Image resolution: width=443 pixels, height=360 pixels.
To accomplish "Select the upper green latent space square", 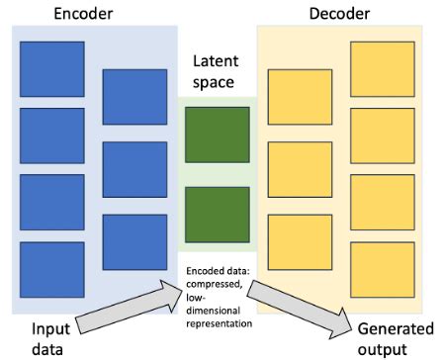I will tap(210, 135).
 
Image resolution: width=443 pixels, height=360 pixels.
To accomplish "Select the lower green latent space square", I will tap(210, 207).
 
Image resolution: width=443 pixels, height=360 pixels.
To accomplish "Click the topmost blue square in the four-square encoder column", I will tap(52, 68).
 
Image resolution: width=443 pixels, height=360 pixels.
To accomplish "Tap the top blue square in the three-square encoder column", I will tap(134, 97).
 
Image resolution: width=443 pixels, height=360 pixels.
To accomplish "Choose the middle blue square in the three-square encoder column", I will tap(134, 169).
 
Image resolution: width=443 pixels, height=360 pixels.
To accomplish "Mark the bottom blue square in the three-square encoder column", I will tap(134, 240).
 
